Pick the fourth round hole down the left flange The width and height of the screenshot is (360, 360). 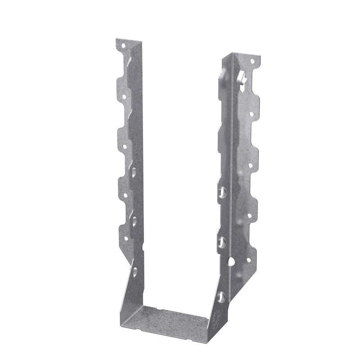[125, 195]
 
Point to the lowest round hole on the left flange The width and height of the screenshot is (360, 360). [126, 238]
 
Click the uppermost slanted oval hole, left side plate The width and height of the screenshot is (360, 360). [135, 171]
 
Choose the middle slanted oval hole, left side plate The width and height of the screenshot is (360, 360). [134, 221]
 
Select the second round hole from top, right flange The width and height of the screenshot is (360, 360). [251, 114]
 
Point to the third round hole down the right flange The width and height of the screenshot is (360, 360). [251, 165]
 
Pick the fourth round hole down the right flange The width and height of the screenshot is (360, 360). [250, 216]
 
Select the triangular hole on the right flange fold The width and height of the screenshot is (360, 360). [231, 261]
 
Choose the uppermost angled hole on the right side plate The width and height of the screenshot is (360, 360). [222, 192]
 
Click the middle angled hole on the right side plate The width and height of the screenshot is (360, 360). [221, 243]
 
